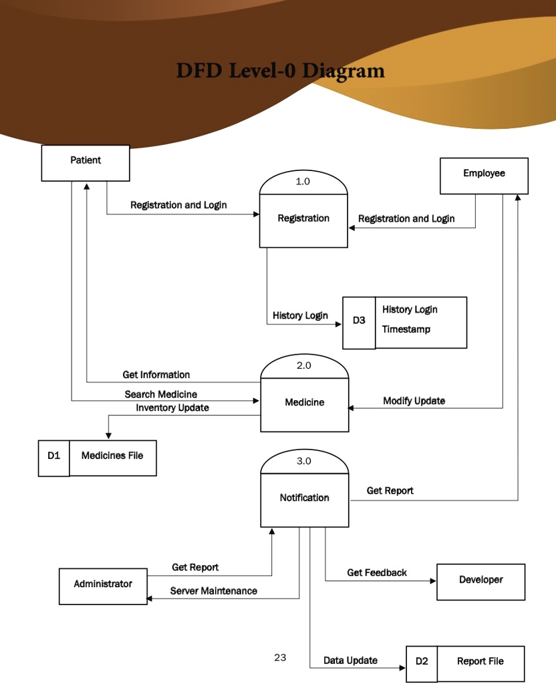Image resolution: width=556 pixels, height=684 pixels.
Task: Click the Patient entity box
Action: click(x=86, y=163)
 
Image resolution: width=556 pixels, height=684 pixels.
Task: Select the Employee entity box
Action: click(x=484, y=176)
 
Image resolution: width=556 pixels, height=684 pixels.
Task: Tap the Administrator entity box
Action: click(x=103, y=586)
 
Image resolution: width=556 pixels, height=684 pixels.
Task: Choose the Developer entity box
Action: click(x=480, y=581)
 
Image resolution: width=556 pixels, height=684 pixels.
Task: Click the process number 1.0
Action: click(x=303, y=181)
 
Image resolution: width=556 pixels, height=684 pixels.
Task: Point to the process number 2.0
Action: click(x=303, y=365)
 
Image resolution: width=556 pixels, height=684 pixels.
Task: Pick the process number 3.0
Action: click(x=303, y=461)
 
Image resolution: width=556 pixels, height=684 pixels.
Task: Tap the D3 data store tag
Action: click(x=359, y=321)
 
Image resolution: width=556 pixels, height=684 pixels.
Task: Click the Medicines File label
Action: click(x=112, y=456)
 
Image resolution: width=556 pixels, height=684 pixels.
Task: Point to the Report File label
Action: click(x=480, y=661)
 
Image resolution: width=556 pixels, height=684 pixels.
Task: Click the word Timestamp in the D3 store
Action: click(x=406, y=329)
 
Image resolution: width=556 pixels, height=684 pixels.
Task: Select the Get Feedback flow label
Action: click(x=377, y=572)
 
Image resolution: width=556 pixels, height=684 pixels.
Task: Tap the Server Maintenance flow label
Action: click(x=213, y=591)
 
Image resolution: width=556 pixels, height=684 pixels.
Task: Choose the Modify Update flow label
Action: click(x=414, y=401)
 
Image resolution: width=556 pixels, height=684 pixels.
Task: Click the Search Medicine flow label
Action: click(x=160, y=395)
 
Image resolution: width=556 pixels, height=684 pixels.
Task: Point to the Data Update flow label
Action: click(x=350, y=661)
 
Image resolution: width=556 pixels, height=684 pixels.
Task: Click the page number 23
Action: click(x=280, y=658)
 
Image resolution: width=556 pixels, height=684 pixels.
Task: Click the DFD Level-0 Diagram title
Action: click(x=280, y=71)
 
